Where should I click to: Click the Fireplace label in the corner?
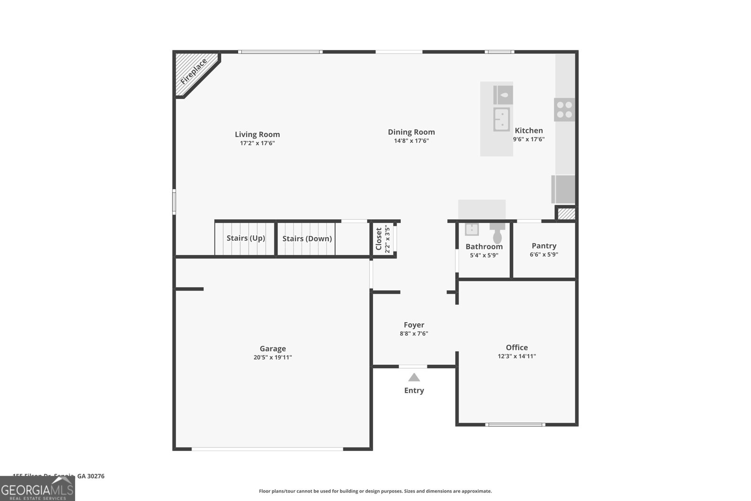click(x=193, y=72)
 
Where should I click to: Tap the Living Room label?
click(x=257, y=134)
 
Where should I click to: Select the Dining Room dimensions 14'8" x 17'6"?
click(x=411, y=141)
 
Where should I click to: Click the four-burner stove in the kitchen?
click(x=564, y=110)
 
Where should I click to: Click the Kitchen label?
click(x=529, y=131)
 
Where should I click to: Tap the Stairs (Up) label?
click(x=245, y=238)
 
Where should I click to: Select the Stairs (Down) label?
click(x=307, y=239)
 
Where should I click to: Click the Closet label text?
click(x=379, y=239)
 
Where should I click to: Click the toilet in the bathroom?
click(x=498, y=233)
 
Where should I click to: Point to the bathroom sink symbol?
click(x=472, y=229)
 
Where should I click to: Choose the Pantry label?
click(x=544, y=246)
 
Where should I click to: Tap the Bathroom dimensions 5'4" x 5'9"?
click(x=484, y=255)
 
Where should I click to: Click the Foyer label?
click(x=414, y=324)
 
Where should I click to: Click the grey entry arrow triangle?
click(x=414, y=378)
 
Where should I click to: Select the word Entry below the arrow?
click(x=414, y=390)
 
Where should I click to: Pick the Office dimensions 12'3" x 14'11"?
click(x=517, y=356)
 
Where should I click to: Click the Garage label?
click(x=273, y=348)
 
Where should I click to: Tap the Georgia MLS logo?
click(x=38, y=489)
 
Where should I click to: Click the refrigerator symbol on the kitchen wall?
click(x=564, y=189)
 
